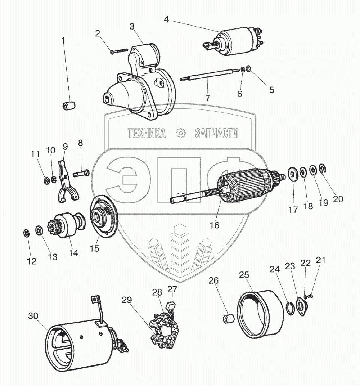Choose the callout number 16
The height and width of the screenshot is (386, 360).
coord(215,225)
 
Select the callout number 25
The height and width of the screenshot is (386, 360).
coord(244,275)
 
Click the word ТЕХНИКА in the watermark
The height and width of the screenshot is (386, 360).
coord(147,134)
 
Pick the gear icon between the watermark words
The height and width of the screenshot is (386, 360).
coord(180,134)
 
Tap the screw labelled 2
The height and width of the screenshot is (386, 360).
coord(119,51)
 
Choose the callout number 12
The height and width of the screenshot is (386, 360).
coord(32,261)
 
